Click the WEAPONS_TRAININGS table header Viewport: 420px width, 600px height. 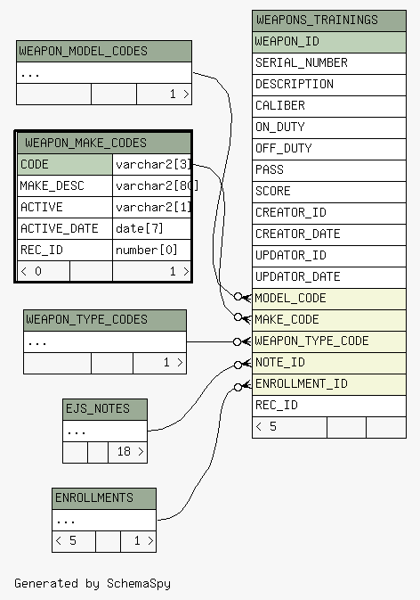(x=329, y=21)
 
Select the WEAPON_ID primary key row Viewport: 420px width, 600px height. (x=329, y=42)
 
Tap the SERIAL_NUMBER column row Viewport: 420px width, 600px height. (x=329, y=63)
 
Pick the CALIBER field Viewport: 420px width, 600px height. (x=329, y=106)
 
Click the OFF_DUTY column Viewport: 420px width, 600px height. (x=329, y=149)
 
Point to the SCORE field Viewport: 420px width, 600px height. (x=329, y=192)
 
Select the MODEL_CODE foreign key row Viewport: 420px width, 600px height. (x=329, y=300)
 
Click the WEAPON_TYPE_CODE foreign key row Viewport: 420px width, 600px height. (x=329, y=342)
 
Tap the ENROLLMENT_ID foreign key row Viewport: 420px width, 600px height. (x=329, y=385)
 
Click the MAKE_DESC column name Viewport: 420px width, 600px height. (x=52, y=186)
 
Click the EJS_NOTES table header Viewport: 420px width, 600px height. (x=105, y=409)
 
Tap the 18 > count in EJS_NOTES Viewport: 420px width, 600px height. (x=128, y=452)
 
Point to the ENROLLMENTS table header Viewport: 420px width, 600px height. (x=104, y=498)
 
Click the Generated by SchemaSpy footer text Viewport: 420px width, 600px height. (x=93, y=584)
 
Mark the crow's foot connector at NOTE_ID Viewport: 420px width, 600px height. (x=243, y=365)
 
